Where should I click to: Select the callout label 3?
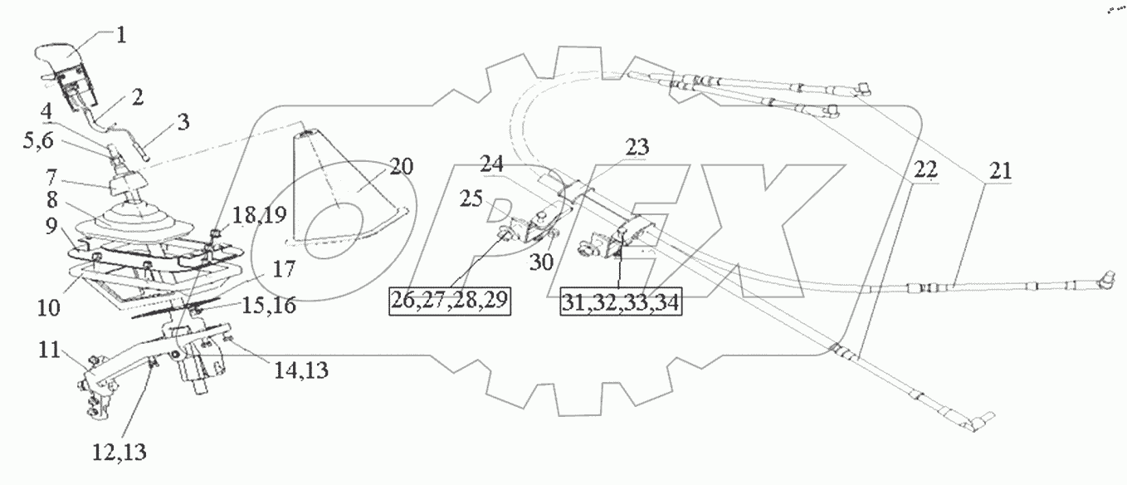[183, 122]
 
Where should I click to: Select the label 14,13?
[302, 372]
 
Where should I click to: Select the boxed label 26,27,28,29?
[450, 301]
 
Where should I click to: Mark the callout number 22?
[925, 170]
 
